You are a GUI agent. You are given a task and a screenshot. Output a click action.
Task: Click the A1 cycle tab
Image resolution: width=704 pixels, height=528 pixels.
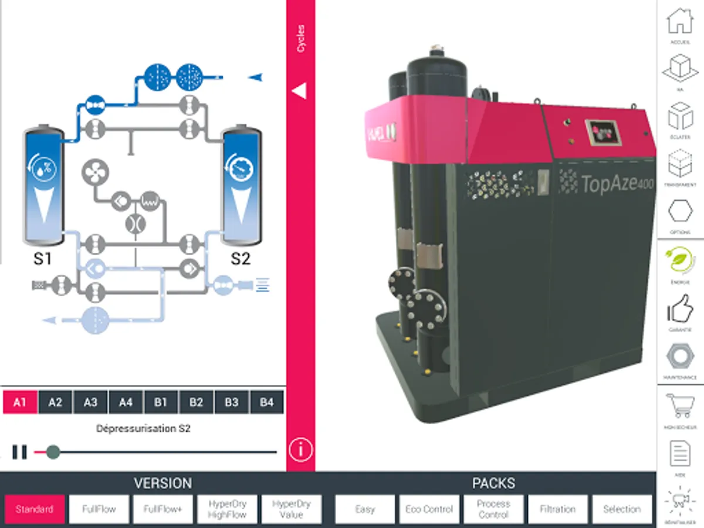click(x=20, y=403)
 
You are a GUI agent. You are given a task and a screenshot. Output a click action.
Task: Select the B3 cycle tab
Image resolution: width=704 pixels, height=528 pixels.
click(x=231, y=403)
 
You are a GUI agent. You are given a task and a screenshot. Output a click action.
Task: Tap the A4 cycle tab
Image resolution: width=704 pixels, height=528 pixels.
click(x=126, y=403)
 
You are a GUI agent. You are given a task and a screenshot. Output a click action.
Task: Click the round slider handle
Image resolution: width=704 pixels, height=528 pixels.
click(x=53, y=452)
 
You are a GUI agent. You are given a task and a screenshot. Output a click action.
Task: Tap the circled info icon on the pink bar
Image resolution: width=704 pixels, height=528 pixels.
click(x=300, y=450)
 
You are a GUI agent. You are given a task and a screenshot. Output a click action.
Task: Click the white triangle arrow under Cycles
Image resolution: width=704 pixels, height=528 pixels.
click(x=299, y=91)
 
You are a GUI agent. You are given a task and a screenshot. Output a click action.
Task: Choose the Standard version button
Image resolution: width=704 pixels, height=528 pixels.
click(x=34, y=509)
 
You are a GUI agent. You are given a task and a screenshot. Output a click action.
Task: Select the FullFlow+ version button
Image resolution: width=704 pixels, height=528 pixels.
click(x=163, y=509)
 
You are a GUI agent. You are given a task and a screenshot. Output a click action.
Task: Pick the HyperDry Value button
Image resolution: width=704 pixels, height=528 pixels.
click(x=292, y=509)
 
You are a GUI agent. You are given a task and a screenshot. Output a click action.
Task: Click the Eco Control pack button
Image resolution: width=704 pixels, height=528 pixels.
click(x=429, y=509)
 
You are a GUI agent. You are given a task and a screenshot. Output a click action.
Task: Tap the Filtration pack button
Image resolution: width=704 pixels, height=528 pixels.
click(x=558, y=509)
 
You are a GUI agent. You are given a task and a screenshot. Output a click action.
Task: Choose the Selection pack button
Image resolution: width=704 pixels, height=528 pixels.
click(x=622, y=509)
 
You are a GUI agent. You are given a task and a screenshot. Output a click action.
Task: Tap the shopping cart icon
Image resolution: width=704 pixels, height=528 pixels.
click(x=680, y=406)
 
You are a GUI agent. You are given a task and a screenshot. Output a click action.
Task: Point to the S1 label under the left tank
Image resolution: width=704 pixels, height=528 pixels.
click(x=42, y=259)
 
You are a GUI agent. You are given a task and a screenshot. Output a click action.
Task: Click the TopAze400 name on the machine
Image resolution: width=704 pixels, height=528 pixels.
click(x=617, y=184)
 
